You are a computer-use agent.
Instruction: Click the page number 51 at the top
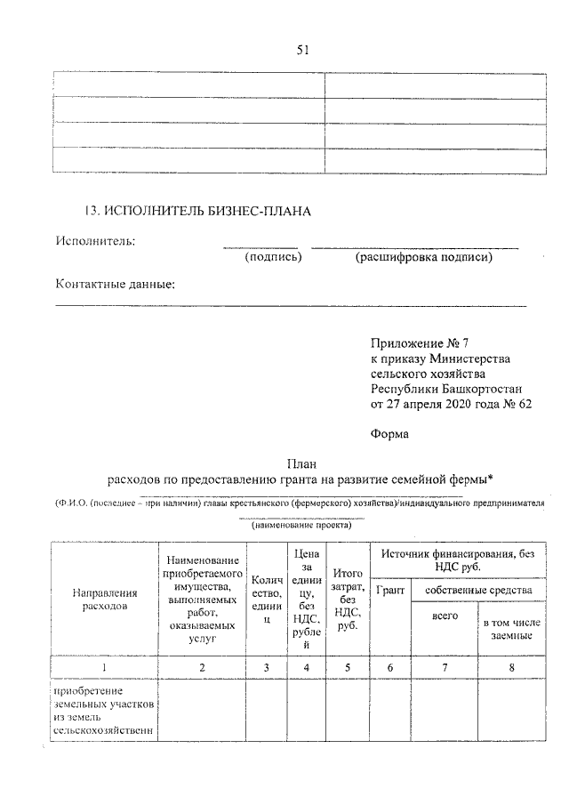pyautogui.click(x=302, y=50)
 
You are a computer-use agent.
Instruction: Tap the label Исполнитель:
pyautogui.click(x=95, y=240)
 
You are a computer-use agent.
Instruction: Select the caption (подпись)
pyautogui.click(x=273, y=258)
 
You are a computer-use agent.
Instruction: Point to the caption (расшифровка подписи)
pyautogui.click(x=423, y=258)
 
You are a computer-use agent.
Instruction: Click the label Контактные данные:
pyautogui.click(x=116, y=285)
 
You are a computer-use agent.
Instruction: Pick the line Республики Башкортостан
pyautogui.click(x=447, y=388)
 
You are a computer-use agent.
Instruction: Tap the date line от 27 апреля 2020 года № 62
pyautogui.click(x=450, y=403)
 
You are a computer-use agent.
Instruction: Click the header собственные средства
pyautogui.click(x=478, y=589)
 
